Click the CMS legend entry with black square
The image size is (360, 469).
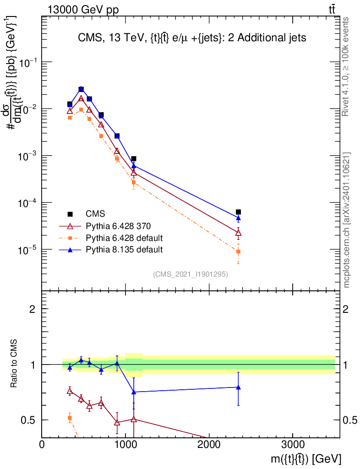click(87, 214)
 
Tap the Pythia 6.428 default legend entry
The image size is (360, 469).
click(111, 238)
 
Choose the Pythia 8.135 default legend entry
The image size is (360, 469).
click(111, 250)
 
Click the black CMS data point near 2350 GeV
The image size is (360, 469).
click(238, 212)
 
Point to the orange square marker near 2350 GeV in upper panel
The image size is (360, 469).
click(238, 252)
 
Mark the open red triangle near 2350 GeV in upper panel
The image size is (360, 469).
click(238, 233)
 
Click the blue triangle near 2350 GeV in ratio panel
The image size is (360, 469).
click(238, 387)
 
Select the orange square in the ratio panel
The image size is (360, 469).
click(70, 418)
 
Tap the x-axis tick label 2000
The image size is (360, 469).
click(208, 444)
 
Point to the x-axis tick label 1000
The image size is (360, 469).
click(125, 444)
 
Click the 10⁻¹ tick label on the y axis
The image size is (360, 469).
click(27, 62)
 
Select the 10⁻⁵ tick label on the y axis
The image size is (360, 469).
click(27, 250)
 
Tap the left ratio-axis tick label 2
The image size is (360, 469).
click(32, 309)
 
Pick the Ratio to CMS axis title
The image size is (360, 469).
click(14, 364)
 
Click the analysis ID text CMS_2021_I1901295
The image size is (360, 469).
click(191, 274)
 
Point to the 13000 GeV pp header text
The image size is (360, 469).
click(83, 10)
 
